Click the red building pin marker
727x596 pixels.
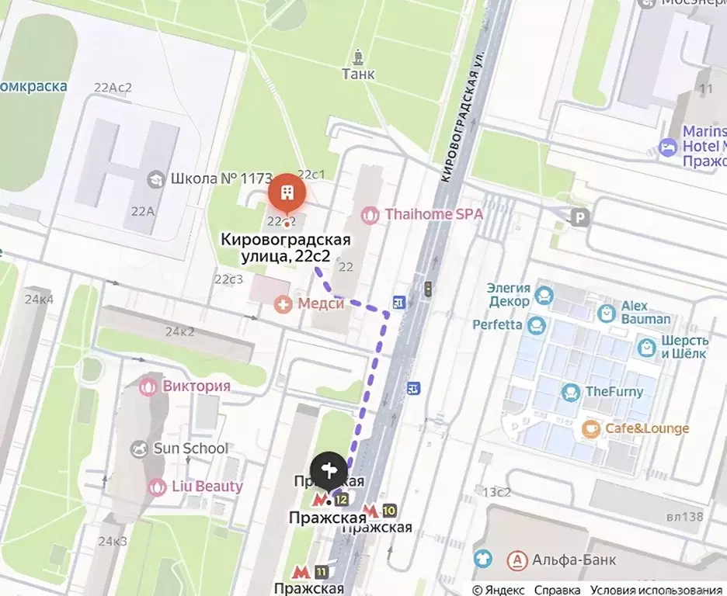coord(287,191)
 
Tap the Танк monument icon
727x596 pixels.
coord(358,57)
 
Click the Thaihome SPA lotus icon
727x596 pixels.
coord(370,214)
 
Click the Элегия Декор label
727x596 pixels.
coord(508,295)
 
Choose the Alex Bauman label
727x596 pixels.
coord(645,313)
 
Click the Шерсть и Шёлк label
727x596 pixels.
coord(684,347)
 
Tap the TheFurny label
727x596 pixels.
coord(614,392)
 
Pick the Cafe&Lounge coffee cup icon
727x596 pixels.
coord(591,428)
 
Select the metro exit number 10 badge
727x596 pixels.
coord(388,510)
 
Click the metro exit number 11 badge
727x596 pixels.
coord(322,572)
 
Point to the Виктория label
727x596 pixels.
coord(197,386)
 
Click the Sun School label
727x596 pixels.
coord(190,448)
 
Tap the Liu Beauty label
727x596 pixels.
coord(207,487)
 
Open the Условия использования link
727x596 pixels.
coord(656,590)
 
